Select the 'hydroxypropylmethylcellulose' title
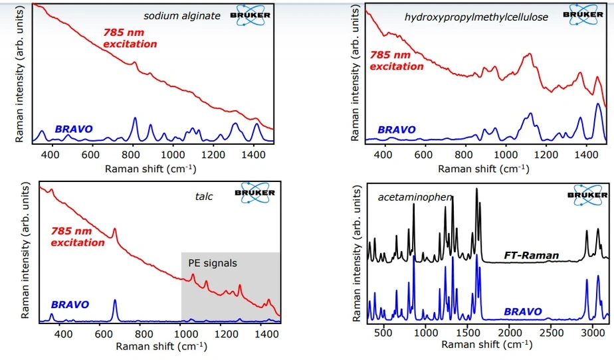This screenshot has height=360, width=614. click(476, 17)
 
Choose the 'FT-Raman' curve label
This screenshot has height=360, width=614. click(531, 255)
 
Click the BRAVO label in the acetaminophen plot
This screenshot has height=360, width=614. click(522, 311)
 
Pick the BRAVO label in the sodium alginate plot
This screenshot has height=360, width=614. click(74, 128)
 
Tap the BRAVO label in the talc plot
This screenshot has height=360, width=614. click(70, 305)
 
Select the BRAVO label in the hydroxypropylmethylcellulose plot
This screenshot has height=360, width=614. click(397, 130)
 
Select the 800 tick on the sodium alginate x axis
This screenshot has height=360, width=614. click(132, 154)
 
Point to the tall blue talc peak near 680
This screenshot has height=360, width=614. click(114, 307)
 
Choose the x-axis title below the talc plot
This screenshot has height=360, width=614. click(160, 346)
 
